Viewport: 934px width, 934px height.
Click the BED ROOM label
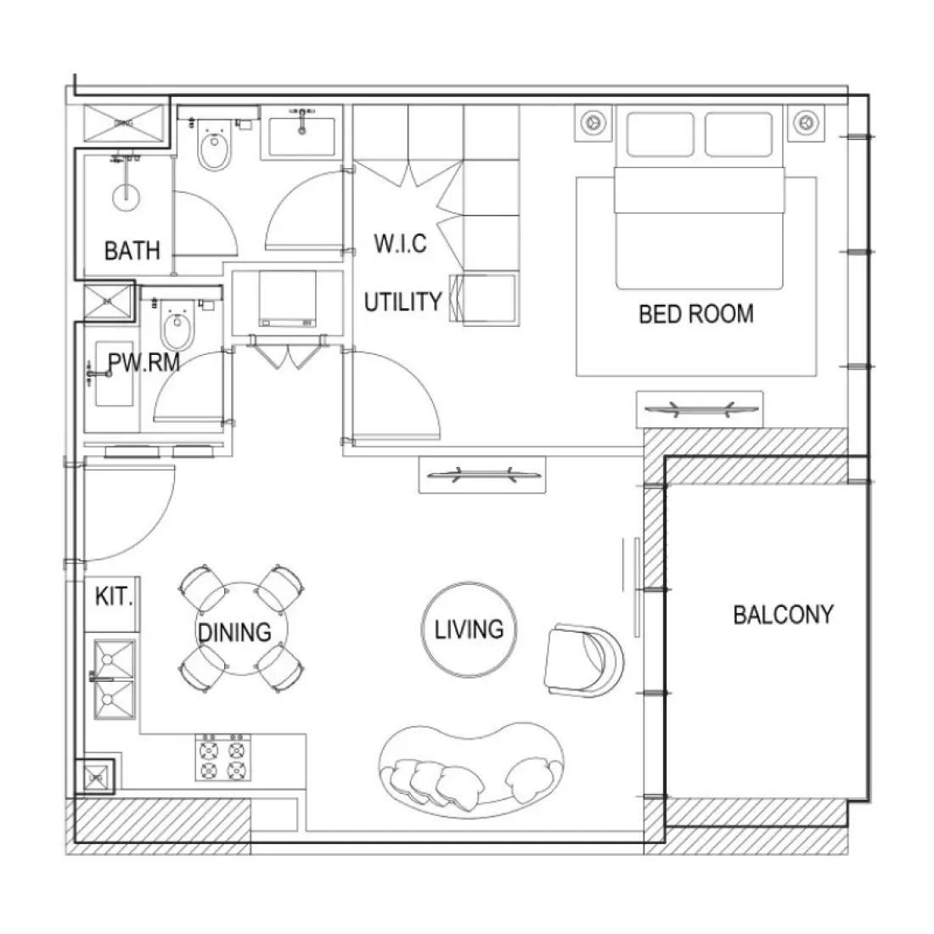[695, 314]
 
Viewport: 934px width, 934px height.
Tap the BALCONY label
[783, 615]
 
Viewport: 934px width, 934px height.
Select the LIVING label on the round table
[469, 629]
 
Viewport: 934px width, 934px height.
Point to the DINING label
[234, 632]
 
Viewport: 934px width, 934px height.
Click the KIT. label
[114, 596]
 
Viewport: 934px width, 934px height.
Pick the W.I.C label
[400, 244]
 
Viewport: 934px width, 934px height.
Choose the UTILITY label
[403, 302]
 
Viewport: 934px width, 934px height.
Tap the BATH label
[132, 250]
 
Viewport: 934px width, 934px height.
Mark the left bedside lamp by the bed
[592, 123]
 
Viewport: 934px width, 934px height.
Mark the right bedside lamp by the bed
[802, 123]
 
